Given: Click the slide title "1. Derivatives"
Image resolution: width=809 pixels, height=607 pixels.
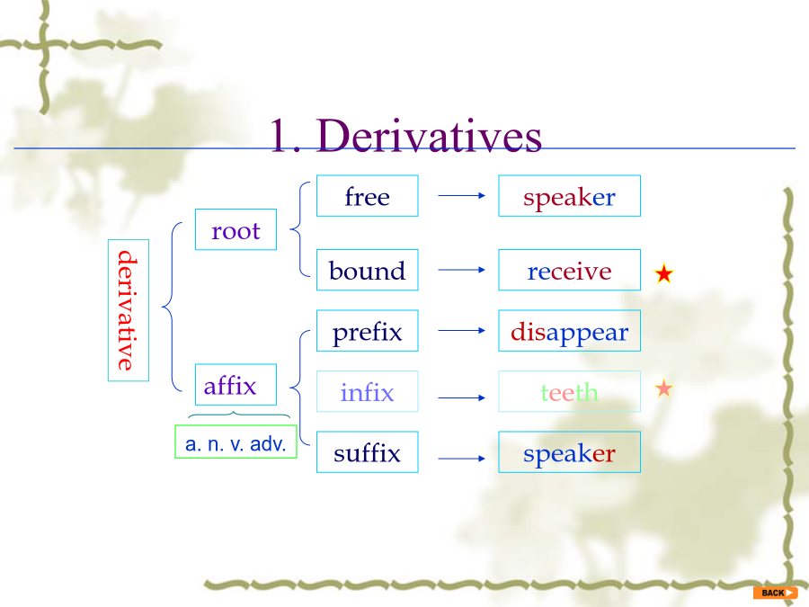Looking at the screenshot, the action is pos(405,135).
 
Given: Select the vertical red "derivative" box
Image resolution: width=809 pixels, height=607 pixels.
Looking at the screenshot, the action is pos(129,310).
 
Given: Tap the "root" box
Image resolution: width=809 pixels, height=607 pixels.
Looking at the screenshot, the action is pos(236,229).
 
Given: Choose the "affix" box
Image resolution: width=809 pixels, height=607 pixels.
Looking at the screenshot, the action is pos(236,385).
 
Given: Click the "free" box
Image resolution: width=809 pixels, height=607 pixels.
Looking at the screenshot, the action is pos(368,196).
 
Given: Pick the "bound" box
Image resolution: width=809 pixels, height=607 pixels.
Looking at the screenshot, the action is pos(368,270).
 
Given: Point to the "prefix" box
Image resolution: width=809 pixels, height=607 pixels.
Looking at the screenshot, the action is pos(368,331).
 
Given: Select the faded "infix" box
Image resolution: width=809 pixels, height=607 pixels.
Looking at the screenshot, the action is pos(368,391).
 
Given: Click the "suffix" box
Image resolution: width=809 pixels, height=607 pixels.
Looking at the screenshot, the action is pos(368,452).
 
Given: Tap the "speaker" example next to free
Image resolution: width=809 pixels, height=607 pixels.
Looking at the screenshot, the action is pos(570,196).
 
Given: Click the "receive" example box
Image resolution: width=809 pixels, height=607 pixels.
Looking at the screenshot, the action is pos(570,270).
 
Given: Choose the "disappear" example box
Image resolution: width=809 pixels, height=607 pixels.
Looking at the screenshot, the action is pos(570,331).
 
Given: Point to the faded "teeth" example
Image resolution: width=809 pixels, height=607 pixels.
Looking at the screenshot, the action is pos(570,391).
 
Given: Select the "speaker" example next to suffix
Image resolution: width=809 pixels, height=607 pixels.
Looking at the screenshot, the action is pos(570,452).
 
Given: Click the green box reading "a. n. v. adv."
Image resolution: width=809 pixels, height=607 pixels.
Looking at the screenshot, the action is pos(236,442).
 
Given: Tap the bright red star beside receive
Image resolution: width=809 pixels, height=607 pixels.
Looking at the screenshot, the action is pos(664,273).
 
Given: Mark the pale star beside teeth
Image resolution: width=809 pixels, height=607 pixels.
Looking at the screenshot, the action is pos(664,388).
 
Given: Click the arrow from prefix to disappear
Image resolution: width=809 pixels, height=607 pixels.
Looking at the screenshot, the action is pos(462,330).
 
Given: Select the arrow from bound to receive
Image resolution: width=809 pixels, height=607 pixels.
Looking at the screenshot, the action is pos(462,270).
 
